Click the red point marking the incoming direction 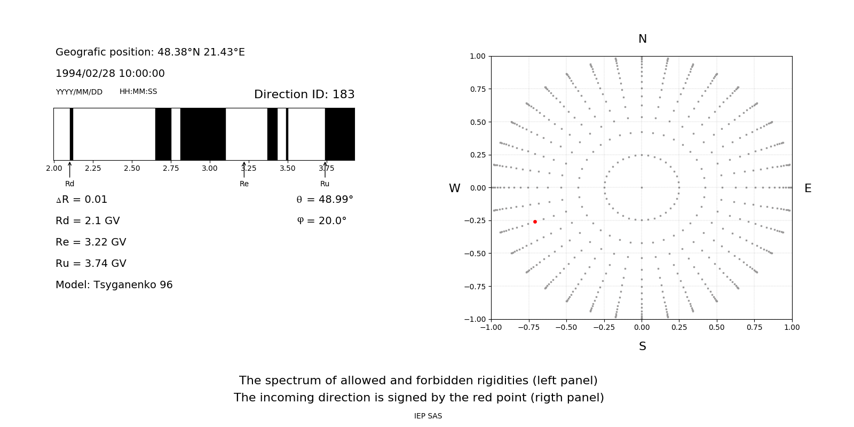coord(535,222)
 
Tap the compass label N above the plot coord(642,39)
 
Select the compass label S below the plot coord(642,346)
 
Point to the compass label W coord(454,188)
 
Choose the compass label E coord(808,188)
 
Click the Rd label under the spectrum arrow coord(69,184)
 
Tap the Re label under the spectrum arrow coord(244,184)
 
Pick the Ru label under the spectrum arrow coord(325,184)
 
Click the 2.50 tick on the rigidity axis coord(132,168)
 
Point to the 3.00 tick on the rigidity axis coord(210,168)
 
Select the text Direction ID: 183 coord(304,94)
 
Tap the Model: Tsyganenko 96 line coord(114,285)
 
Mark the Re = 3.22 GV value coord(91,242)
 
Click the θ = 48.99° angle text coord(325,200)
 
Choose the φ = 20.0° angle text coord(321,221)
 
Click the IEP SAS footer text coord(428,416)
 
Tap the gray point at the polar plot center coord(642,187)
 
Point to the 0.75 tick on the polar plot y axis coord(477,89)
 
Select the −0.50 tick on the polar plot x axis coord(566,327)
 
